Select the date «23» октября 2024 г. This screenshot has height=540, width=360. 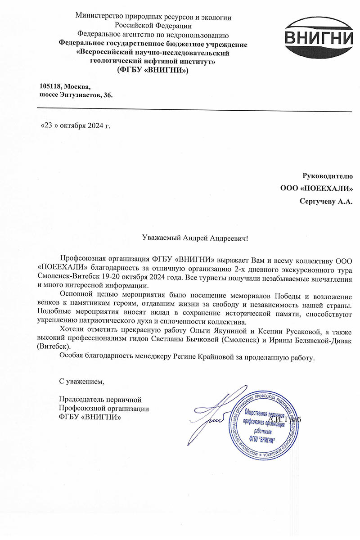coord(75,125)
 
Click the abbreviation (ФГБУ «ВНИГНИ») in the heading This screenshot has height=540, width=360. coord(153,70)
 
